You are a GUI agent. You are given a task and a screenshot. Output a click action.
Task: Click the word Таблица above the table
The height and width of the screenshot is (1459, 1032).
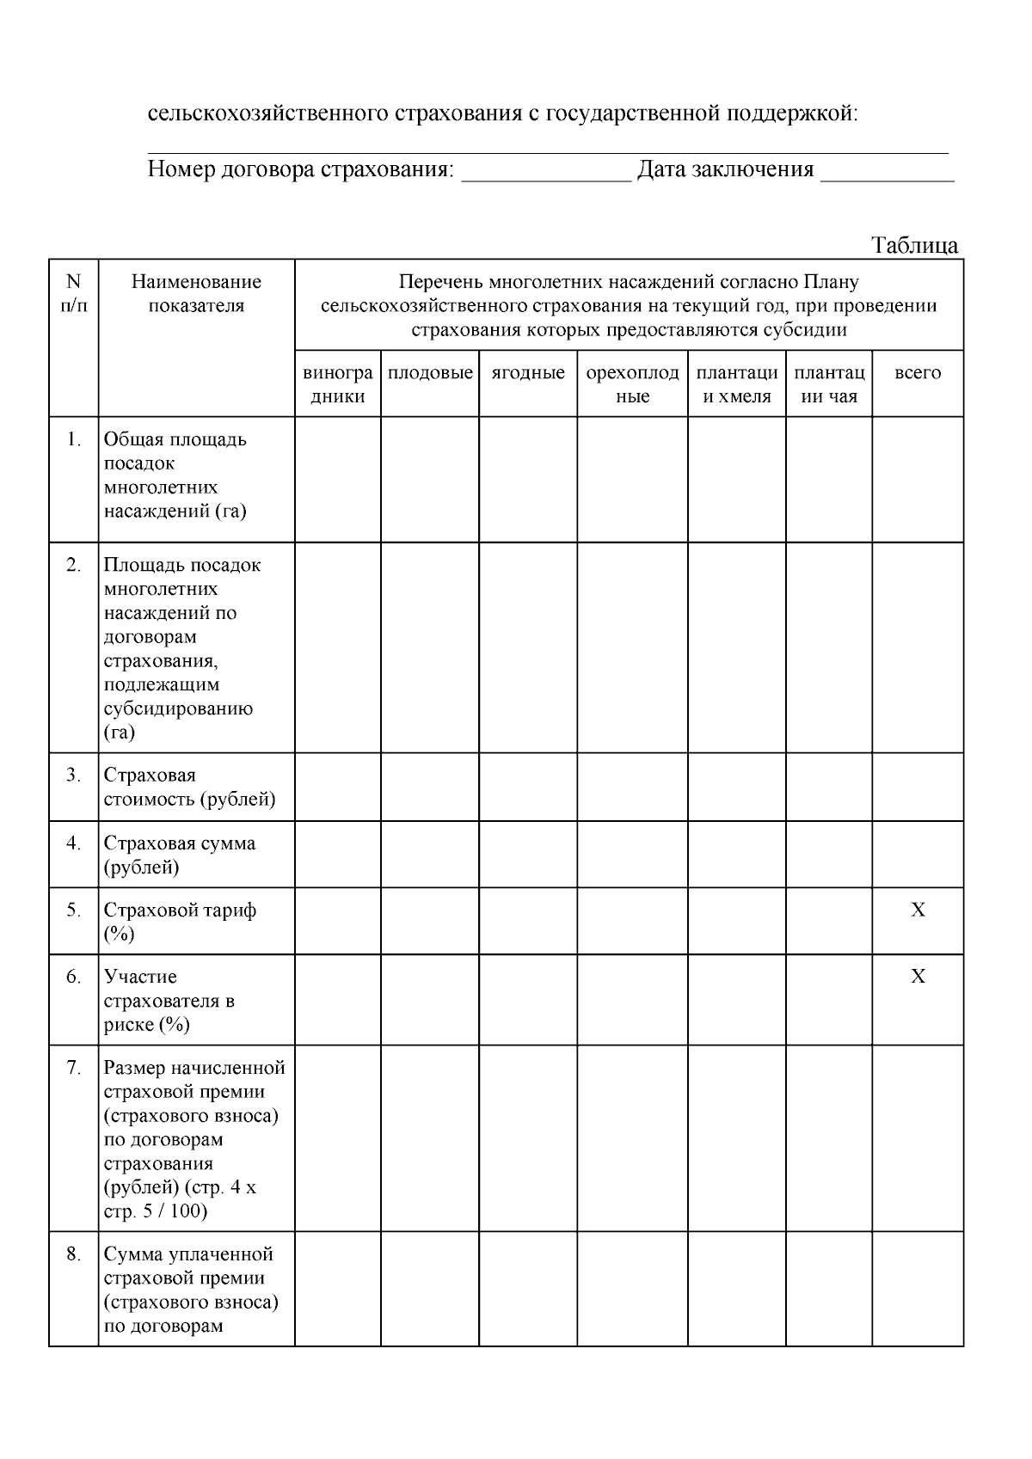click(915, 246)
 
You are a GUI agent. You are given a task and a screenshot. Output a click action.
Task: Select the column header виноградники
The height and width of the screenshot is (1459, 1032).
click(338, 384)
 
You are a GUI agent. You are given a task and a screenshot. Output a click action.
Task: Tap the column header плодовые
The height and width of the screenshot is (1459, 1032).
click(430, 373)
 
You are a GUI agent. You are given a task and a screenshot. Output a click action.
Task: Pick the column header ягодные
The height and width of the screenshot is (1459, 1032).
click(528, 373)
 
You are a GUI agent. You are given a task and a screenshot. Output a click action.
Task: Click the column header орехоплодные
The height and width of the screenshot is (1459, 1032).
click(632, 384)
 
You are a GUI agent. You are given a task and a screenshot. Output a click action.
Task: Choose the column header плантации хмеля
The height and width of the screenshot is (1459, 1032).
click(737, 384)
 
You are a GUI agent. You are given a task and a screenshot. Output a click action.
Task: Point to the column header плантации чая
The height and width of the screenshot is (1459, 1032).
click(829, 384)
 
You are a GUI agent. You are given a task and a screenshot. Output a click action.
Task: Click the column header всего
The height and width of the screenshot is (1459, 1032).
click(918, 373)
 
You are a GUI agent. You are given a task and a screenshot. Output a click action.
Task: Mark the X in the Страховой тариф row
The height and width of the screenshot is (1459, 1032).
click(918, 910)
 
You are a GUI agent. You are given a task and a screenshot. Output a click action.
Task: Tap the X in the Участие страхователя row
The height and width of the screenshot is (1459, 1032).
click(918, 977)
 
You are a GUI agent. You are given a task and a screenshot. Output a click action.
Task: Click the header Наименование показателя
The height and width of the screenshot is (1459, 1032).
click(196, 294)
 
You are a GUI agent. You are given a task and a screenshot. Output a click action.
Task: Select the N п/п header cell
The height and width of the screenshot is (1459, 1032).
click(74, 294)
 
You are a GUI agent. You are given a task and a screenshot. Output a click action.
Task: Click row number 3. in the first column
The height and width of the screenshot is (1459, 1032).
click(74, 775)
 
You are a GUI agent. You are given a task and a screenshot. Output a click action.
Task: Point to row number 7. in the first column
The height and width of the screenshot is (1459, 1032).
click(74, 1068)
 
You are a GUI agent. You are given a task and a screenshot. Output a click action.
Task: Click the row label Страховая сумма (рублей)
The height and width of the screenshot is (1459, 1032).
click(180, 855)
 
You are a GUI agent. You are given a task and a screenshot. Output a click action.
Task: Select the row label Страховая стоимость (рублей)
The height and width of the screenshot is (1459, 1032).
click(189, 788)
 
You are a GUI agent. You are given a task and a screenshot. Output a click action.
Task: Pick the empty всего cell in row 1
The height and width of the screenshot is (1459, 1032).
click(918, 480)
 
